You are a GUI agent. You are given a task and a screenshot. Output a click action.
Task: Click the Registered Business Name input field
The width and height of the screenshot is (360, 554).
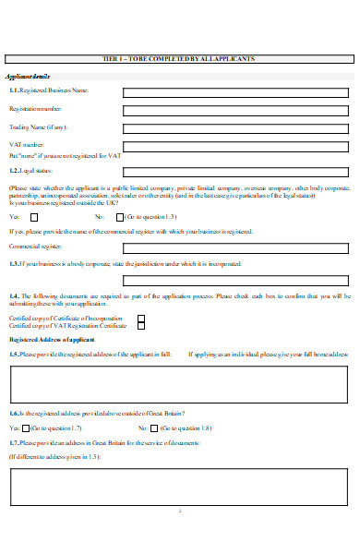click(x=237, y=91)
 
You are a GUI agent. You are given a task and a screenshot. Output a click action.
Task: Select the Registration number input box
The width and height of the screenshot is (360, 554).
click(x=237, y=109)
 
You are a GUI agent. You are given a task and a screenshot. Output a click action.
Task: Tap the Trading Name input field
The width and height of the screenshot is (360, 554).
click(x=237, y=126)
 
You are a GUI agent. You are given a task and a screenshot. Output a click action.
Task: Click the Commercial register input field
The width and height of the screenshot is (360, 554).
click(x=237, y=247)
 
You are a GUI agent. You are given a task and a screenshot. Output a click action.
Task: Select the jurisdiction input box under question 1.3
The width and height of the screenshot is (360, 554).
click(x=237, y=281)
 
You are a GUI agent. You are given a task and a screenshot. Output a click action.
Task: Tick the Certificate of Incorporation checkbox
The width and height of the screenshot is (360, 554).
click(x=141, y=318)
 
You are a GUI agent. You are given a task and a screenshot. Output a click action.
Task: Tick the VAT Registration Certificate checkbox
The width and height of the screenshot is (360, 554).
click(x=141, y=326)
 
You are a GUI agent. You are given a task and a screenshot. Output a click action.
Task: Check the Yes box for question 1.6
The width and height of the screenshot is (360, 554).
click(x=26, y=428)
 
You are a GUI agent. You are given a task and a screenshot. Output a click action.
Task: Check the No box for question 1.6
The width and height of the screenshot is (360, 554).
click(x=154, y=428)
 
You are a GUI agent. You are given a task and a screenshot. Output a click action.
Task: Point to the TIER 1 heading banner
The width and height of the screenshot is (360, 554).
click(x=180, y=58)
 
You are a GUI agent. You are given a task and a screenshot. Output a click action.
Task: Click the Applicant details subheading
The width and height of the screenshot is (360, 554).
click(x=29, y=76)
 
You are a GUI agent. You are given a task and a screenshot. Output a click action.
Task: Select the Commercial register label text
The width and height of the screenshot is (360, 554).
click(x=36, y=247)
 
